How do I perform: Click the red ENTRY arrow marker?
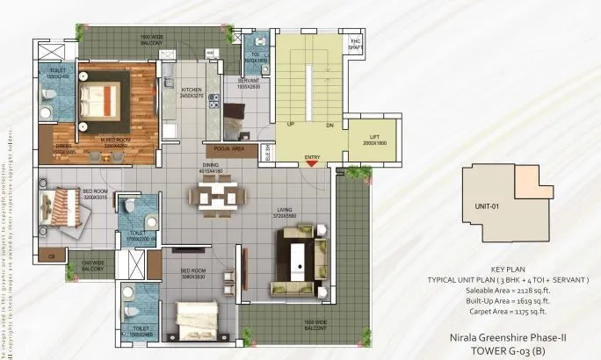[312, 166]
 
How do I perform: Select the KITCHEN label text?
[192, 90]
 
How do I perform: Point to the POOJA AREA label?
[225, 149]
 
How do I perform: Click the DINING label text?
[210, 164]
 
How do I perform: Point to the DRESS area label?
[63, 147]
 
